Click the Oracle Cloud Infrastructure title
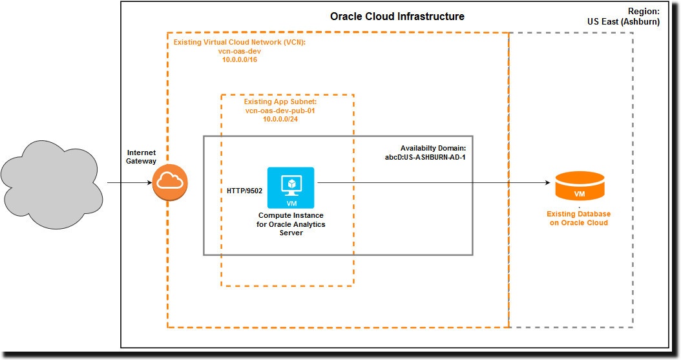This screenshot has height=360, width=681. click(x=397, y=17)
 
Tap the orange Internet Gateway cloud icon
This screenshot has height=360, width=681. click(x=170, y=182)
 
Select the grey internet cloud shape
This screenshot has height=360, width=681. click(x=52, y=182)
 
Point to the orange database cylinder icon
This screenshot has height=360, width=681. click(x=580, y=187)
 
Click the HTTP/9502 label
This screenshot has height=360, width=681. click(x=245, y=191)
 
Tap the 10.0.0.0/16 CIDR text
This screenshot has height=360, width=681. click(x=239, y=59)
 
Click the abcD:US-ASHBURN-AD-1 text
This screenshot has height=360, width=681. click(x=426, y=157)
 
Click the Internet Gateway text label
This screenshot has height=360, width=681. click(x=141, y=156)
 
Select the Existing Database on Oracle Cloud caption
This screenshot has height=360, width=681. click(x=578, y=218)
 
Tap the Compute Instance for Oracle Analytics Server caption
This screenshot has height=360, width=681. click(x=291, y=224)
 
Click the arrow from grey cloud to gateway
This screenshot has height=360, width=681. click(x=129, y=183)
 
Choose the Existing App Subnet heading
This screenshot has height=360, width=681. click(x=280, y=102)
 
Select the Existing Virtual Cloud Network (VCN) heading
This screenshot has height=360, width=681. click(x=239, y=43)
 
